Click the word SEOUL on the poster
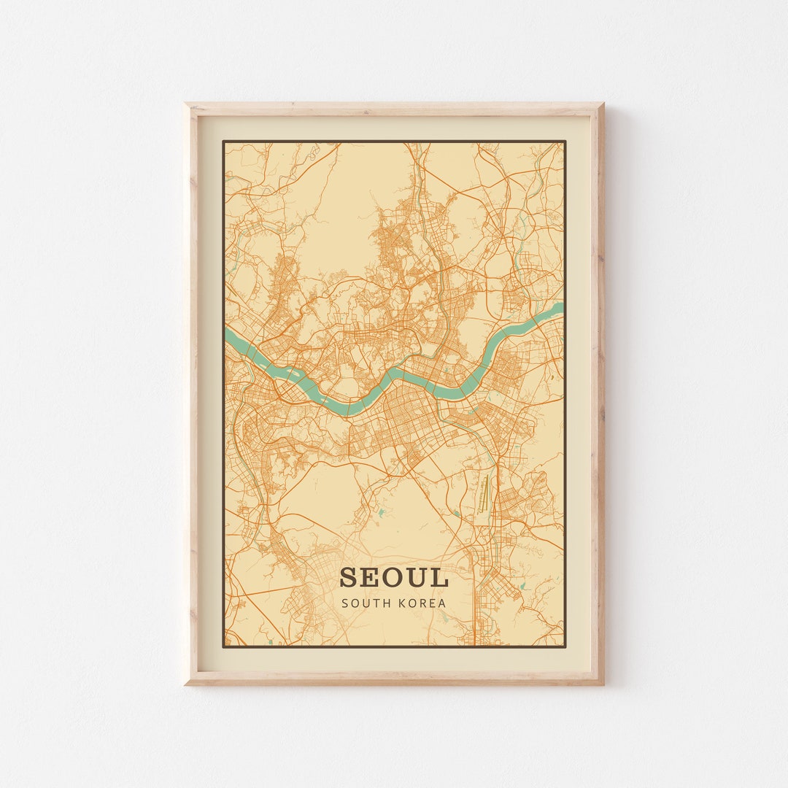[x=393, y=577]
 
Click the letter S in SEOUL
[x=349, y=577]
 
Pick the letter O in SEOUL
[x=392, y=577]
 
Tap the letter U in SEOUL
[x=416, y=577]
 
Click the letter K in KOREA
[x=401, y=603]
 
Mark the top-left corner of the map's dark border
[x=223, y=141]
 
